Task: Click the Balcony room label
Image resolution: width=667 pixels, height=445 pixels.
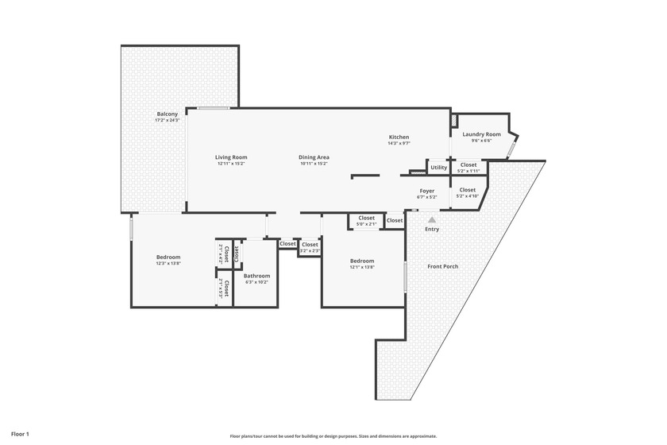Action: click(168, 114)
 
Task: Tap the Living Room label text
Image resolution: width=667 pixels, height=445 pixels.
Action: click(232, 157)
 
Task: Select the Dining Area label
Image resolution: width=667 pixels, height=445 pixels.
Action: click(314, 157)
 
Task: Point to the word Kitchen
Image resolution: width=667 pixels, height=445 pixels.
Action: click(399, 137)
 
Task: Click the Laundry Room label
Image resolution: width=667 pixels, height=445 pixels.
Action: click(481, 135)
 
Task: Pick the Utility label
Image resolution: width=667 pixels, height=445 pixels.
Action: click(438, 168)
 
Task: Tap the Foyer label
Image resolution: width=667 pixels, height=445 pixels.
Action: click(427, 192)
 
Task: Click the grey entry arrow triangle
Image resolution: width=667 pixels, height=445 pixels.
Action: click(432, 219)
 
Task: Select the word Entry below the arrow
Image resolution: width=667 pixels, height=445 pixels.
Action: click(432, 230)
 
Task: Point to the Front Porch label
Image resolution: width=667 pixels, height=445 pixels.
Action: click(443, 266)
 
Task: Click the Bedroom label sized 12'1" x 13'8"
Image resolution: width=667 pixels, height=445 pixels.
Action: click(362, 261)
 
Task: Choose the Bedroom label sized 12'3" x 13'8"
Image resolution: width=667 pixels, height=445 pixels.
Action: click(168, 257)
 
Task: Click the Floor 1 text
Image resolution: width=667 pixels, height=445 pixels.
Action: click(20, 435)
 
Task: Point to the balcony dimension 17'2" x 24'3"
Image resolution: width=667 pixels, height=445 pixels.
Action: click(168, 120)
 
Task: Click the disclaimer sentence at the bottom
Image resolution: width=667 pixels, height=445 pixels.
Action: click(333, 436)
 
